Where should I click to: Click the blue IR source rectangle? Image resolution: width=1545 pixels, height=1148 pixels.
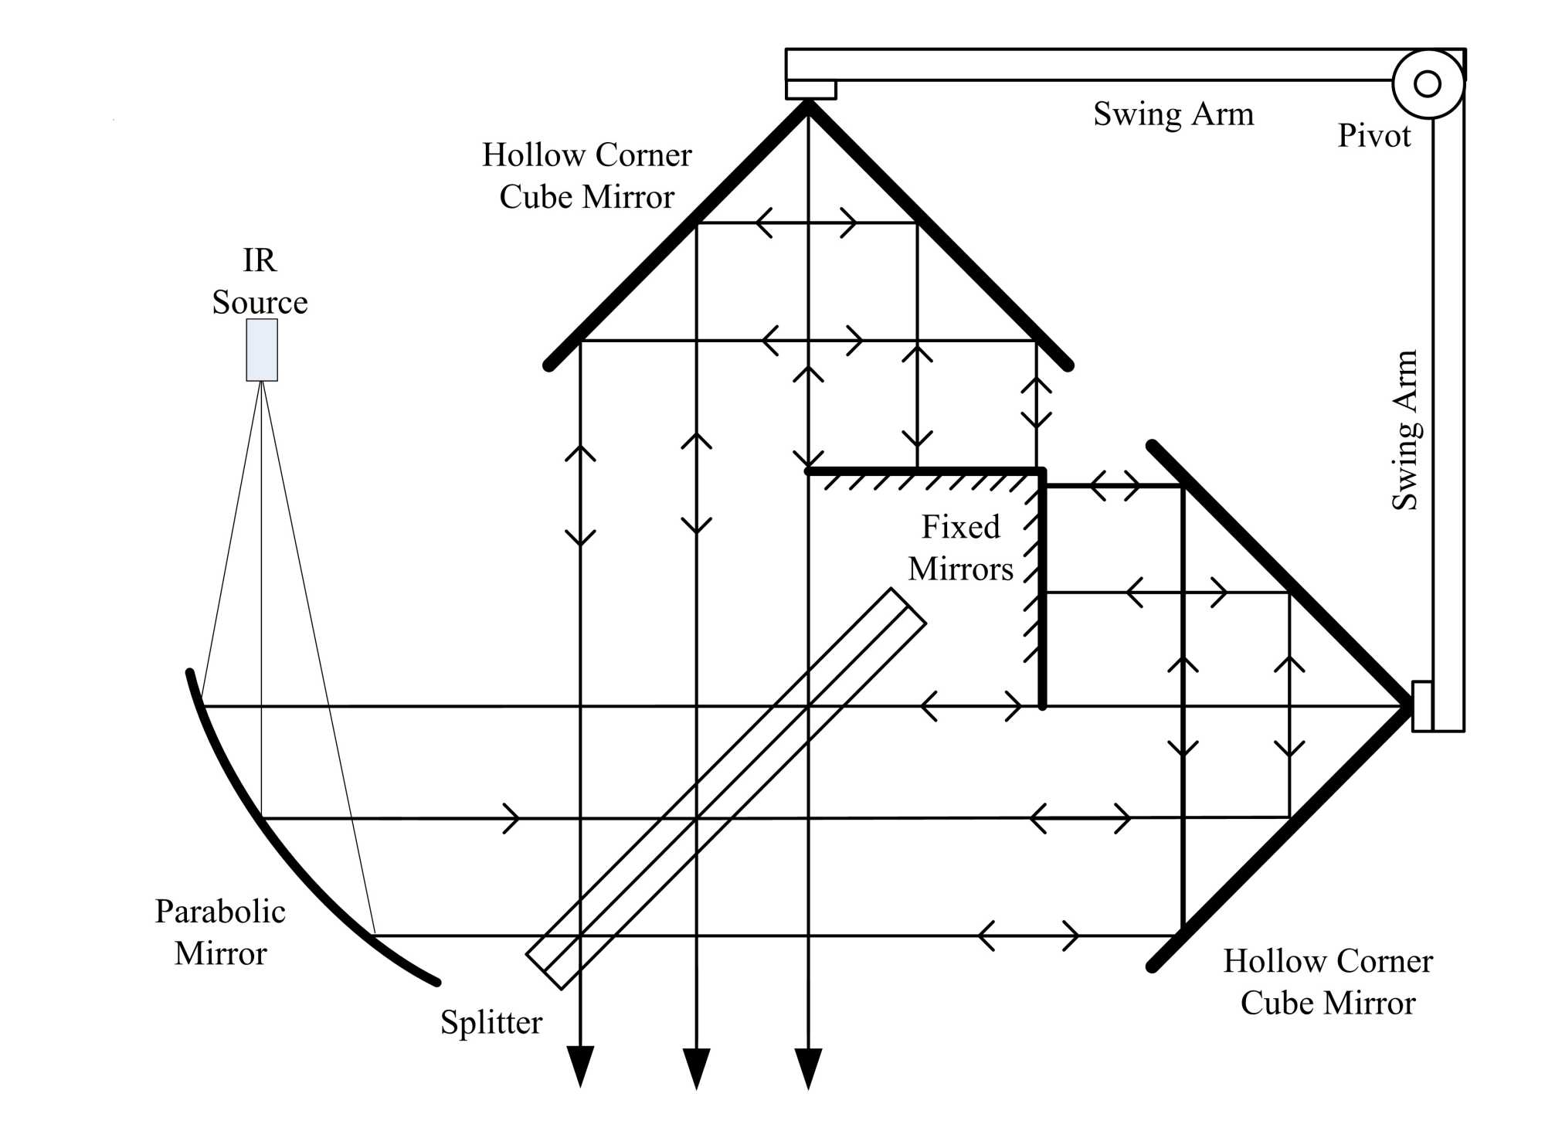262,350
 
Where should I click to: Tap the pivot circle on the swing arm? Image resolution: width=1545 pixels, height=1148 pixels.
1428,83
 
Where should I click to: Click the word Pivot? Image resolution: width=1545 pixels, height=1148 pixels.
1374,136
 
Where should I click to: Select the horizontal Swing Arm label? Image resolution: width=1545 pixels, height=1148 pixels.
1173,114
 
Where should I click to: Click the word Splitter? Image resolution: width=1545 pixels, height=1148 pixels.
491,1022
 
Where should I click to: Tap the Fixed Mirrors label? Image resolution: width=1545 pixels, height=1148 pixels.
960,548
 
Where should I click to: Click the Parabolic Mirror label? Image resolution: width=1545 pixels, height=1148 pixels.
220,932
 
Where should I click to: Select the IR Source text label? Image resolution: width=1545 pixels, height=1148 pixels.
260,281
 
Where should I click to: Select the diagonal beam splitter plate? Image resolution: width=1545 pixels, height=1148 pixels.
726,789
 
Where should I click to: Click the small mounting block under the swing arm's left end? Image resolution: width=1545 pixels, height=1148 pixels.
811,90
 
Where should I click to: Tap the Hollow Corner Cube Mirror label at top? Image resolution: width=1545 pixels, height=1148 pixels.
586,176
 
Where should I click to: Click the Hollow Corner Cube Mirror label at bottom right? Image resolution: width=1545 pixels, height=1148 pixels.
1328,982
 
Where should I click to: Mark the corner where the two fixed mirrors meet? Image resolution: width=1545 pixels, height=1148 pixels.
1041,470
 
